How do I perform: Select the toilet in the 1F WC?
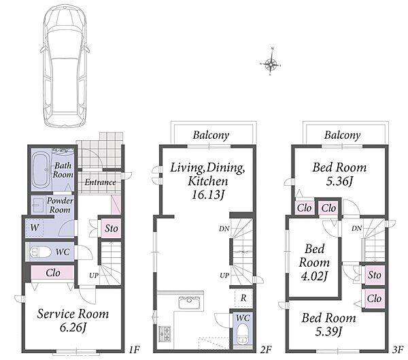click(x=41, y=252)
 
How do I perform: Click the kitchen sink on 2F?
click(x=189, y=302)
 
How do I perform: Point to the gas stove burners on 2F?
click(x=165, y=333)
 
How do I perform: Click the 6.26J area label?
click(x=73, y=327)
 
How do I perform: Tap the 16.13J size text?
click(x=207, y=195)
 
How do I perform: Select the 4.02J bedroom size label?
click(x=313, y=276)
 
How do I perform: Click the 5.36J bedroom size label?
click(x=339, y=181)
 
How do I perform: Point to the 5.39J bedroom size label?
click(x=328, y=331)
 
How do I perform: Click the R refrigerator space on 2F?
click(x=243, y=298)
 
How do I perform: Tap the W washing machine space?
click(x=35, y=228)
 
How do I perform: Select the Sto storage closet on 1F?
click(x=111, y=229)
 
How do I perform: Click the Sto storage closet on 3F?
click(x=375, y=275)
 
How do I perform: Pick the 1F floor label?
click(x=135, y=349)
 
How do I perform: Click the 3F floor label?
click(x=397, y=349)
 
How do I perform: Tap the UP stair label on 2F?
click(x=224, y=276)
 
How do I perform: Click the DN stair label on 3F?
click(x=357, y=229)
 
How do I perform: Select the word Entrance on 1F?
click(x=100, y=182)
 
